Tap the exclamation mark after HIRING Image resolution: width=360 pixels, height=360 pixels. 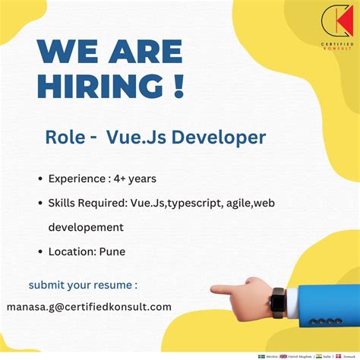click(x=178, y=85)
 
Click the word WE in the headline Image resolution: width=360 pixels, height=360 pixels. click(x=64, y=52)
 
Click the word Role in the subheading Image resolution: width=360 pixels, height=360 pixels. click(x=65, y=137)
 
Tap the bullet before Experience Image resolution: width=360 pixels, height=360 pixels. click(x=39, y=179)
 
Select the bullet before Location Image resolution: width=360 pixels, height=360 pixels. click(x=39, y=251)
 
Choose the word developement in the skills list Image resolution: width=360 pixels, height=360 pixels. click(x=86, y=227)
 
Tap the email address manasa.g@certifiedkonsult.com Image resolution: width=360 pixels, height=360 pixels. click(x=89, y=307)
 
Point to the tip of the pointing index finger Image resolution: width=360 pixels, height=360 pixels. click(x=213, y=289)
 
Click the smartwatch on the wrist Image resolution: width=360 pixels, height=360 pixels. click(x=279, y=303)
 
